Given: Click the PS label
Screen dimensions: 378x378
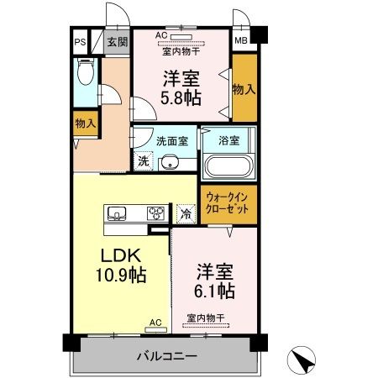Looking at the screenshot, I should (81, 41).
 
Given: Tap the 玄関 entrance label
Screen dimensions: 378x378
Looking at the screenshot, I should (117, 41).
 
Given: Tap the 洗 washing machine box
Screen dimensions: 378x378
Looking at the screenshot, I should (142, 160).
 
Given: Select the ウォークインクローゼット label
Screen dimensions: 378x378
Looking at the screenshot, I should (228, 204).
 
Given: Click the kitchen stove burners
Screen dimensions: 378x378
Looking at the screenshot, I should (157, 213).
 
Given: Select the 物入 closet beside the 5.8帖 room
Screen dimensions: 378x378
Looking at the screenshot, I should (244, 87).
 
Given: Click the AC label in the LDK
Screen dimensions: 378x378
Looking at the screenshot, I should (155, 322).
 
